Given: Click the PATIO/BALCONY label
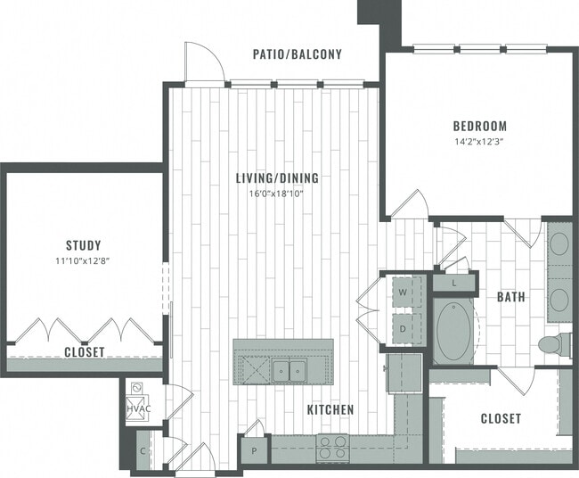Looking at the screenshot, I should (x=298, y=54).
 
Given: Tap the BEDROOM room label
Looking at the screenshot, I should (x=479, y=126).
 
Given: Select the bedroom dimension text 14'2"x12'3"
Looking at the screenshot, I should (x=479, y=141).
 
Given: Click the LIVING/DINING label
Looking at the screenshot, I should (x=277, y=178).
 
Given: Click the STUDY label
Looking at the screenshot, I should (x=83, y=245).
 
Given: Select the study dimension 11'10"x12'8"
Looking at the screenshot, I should (x=83, y=260).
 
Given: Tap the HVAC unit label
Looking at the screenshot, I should (x=139, y=408).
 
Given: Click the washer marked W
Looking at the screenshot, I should (x=403, y=292).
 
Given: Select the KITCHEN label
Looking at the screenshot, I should (x=330, y=409).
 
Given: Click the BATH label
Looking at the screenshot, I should (x=510, y=298).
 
